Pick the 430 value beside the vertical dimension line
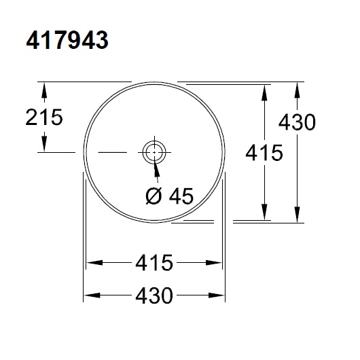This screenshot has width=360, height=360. [296, 122]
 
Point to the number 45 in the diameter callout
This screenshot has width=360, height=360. [180, 196]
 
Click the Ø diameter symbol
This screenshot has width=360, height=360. [154, 196]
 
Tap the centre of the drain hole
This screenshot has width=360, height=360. [154, 151]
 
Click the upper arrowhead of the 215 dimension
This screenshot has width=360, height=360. [45, 88]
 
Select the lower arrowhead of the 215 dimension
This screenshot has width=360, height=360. [45, 146]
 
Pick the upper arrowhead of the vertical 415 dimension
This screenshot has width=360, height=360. [264, 91]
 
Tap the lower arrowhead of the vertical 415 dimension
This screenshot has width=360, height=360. [264, 215]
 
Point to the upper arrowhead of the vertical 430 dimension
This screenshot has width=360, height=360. [296, 88]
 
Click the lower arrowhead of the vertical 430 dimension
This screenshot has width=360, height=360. [296, 217]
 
